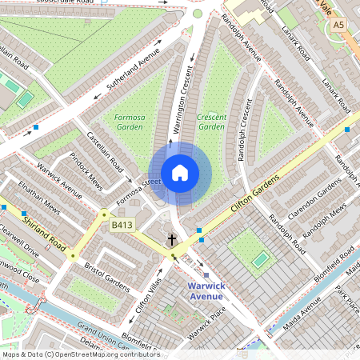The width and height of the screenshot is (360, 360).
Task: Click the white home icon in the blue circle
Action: click(x=180, y=173)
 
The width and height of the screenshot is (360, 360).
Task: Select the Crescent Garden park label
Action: click(x=211, y=122)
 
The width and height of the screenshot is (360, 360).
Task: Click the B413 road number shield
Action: click(x=122, y=226)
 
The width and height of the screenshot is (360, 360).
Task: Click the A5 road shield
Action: click(x=338, y=26)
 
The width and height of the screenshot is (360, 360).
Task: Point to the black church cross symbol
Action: click(x=171, y=239)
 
